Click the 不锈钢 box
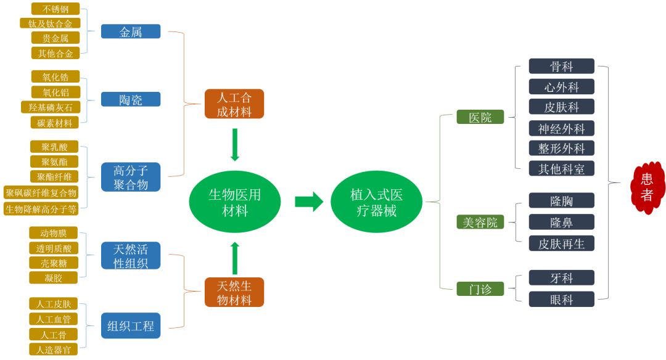(55, 9)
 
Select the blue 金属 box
(131, 31)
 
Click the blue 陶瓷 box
(131, 99)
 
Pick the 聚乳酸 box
(55, 147)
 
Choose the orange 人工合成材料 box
(234, 104)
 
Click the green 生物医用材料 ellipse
(235, 202)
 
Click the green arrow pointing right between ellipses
(309, 202)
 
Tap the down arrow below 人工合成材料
(234, 145)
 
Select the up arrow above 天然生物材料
(234, 258)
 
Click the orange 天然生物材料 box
(234, 293)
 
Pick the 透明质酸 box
(54, 248)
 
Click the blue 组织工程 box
(131, 325)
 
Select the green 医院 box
(480, 117)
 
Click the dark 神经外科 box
(561, 129)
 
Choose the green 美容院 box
(480, 223)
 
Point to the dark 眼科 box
(561, 300)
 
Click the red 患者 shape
(647, 187)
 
